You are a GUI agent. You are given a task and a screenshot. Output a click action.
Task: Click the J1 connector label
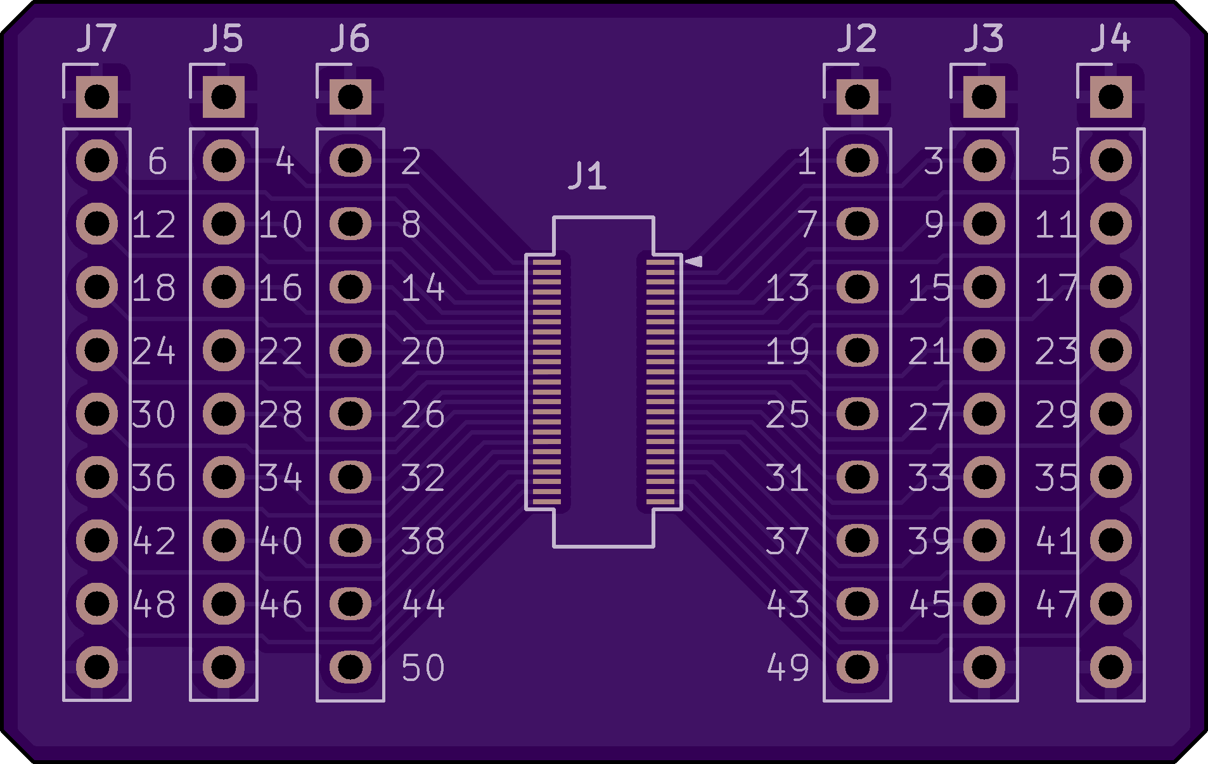point(588,176)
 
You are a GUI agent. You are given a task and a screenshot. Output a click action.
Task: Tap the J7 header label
point(96,39)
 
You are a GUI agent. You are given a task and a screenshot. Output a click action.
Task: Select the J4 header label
point(1110,39)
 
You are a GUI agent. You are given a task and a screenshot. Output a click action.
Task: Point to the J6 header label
point(350,39)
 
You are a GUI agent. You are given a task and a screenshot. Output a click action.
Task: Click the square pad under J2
point(857,98)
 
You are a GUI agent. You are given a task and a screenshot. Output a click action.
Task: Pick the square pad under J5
point(223,98)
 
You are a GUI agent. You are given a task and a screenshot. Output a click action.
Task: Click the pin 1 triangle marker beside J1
point(694,261)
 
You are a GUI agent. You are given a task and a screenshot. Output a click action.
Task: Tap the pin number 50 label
point(423,668)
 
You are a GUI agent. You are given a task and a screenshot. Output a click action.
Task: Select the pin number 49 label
point(788,668)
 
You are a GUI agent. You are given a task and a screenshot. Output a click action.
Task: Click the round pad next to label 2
point(350,161)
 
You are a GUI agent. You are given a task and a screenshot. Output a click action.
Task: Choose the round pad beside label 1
point(857,161)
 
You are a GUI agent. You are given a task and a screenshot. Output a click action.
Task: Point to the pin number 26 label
point(423,414)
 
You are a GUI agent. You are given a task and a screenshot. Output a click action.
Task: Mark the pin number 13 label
point(788,288)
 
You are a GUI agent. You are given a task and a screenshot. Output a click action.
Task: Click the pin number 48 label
point(154,604)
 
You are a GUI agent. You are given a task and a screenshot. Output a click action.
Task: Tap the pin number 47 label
point(1056,604)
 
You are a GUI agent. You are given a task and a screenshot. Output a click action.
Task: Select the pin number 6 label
point(157,162)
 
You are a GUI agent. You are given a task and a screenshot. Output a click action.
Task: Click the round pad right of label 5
point(1110,161)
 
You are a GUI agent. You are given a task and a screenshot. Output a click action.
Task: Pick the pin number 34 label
point(280,478)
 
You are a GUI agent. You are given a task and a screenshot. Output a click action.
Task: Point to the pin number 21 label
point(929,351)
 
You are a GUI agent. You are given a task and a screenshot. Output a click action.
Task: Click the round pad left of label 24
point(96,350)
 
